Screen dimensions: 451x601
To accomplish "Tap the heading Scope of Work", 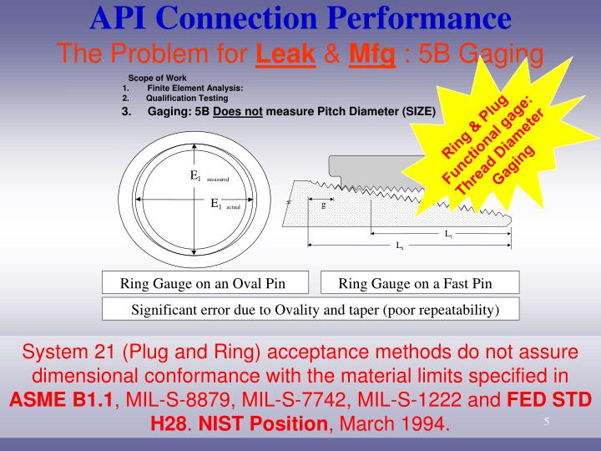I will coord(152,79).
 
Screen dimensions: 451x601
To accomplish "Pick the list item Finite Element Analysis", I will coord(194,88).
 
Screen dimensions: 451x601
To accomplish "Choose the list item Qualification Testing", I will coord(187,97).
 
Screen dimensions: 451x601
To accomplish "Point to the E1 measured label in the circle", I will coord(209,176).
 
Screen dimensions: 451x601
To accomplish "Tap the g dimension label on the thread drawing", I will coord(323,205).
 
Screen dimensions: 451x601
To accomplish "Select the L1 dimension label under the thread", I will coord(448,235).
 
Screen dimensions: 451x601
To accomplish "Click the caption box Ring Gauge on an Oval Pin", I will coord(203,283).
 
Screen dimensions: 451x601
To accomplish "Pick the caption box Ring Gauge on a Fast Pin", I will coord(415,283).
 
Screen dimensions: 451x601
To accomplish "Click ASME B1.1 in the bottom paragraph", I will coord(60,399).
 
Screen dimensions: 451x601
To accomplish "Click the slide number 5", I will coord(546,422).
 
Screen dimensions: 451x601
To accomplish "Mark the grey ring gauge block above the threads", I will coord(376,168).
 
